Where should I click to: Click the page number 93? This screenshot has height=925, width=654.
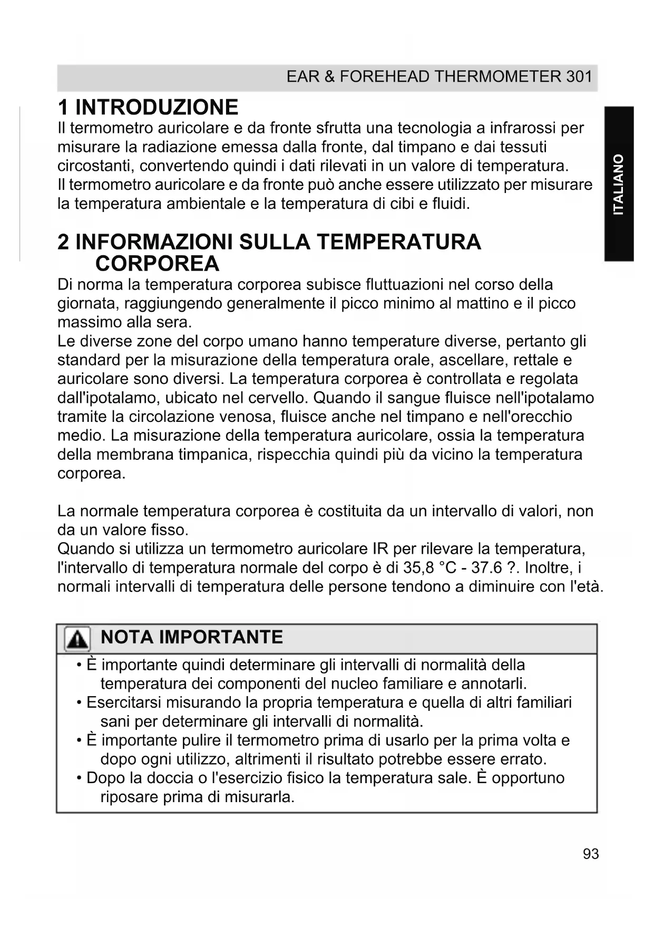[x=591, y=854]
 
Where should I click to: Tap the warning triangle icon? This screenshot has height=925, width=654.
[x=77, y=639]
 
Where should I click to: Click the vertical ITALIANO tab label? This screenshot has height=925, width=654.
[x=619, y=184]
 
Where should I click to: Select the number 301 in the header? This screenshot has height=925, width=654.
[x=579, y=77]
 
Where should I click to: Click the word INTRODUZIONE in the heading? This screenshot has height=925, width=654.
[x=157, y=107]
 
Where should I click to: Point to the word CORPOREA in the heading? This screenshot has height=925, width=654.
[x=157, y=263]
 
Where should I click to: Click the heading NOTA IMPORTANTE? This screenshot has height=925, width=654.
[x=192, y=637]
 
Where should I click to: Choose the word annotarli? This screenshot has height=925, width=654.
[x=494, y=684]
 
